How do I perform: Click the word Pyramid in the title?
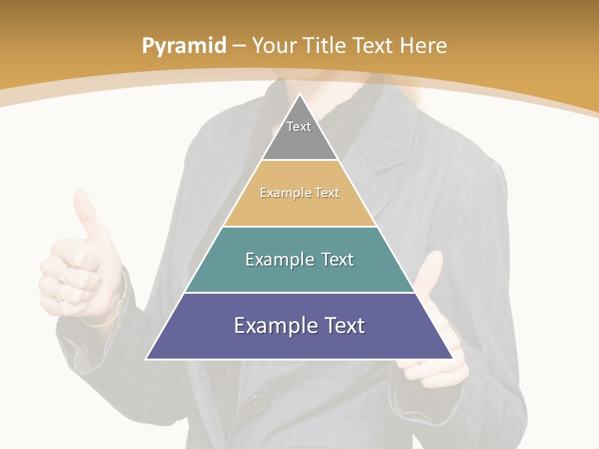click(183, 46)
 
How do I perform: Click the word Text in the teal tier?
click(334, 259)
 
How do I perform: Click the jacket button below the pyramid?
click(256, 402)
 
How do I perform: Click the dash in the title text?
click(240, 46)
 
